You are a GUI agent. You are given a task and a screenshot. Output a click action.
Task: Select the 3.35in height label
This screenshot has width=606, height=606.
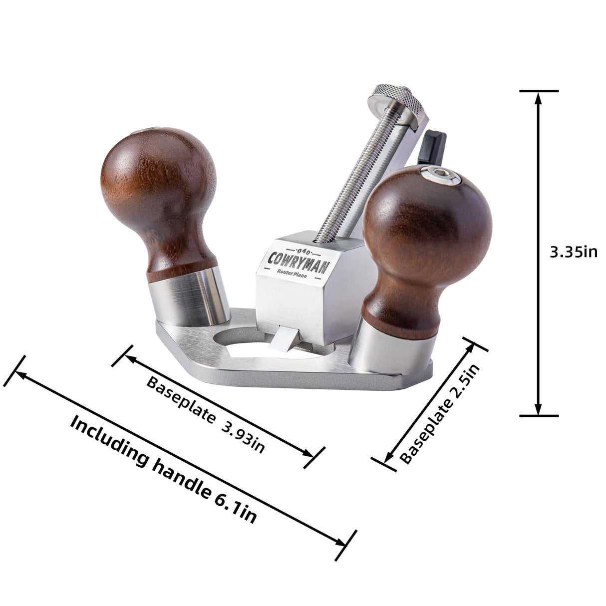(573, 253)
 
